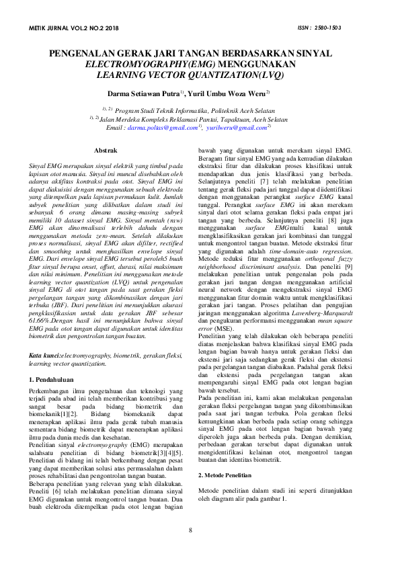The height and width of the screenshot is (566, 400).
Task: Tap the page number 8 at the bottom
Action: (190, 531)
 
